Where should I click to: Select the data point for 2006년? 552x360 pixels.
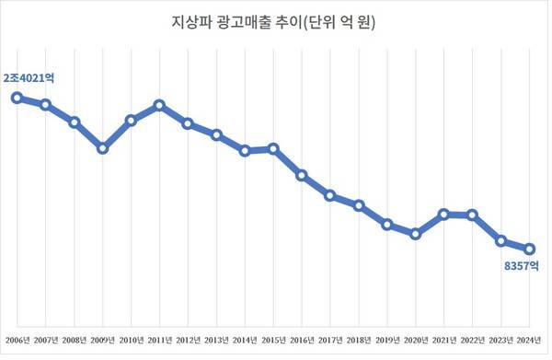tap(17, 97)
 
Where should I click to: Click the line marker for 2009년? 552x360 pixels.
tap(103, 147)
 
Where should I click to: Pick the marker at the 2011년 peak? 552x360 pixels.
tap(159, 105)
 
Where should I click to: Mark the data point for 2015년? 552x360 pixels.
tap(273, 148)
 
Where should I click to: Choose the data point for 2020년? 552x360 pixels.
tap(416, 234)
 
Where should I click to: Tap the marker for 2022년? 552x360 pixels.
tap(473, 215)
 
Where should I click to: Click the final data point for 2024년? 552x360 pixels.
tap(530, 249)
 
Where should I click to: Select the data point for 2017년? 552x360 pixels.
tap(330, 195)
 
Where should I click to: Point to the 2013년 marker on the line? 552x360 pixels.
tap(216, 134)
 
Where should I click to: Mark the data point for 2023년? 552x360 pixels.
tap(501, 241)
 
